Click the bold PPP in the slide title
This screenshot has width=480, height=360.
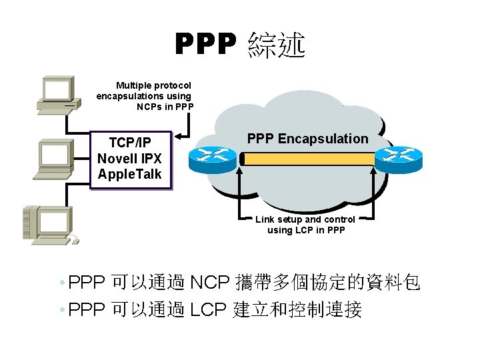coord(205,45)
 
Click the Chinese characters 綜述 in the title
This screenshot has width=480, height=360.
coord(276,45)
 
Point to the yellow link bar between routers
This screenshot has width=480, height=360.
coord(307,159)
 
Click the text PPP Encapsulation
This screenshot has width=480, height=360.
coord(307,139)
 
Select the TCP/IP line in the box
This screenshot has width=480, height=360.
coord(129,143)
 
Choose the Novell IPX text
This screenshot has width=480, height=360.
coord(129,159)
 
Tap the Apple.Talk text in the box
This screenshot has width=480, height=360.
coord(129,174)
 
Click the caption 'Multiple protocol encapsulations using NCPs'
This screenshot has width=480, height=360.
coord(145,95)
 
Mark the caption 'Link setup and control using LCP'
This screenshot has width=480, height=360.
coord(306,225)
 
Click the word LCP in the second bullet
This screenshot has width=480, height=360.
coord(209,310)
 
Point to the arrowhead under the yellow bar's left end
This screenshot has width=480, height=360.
coord(241,171)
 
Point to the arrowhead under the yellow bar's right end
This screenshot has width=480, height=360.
coord(371,171)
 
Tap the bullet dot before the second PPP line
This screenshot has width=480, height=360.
coord(61,311)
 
